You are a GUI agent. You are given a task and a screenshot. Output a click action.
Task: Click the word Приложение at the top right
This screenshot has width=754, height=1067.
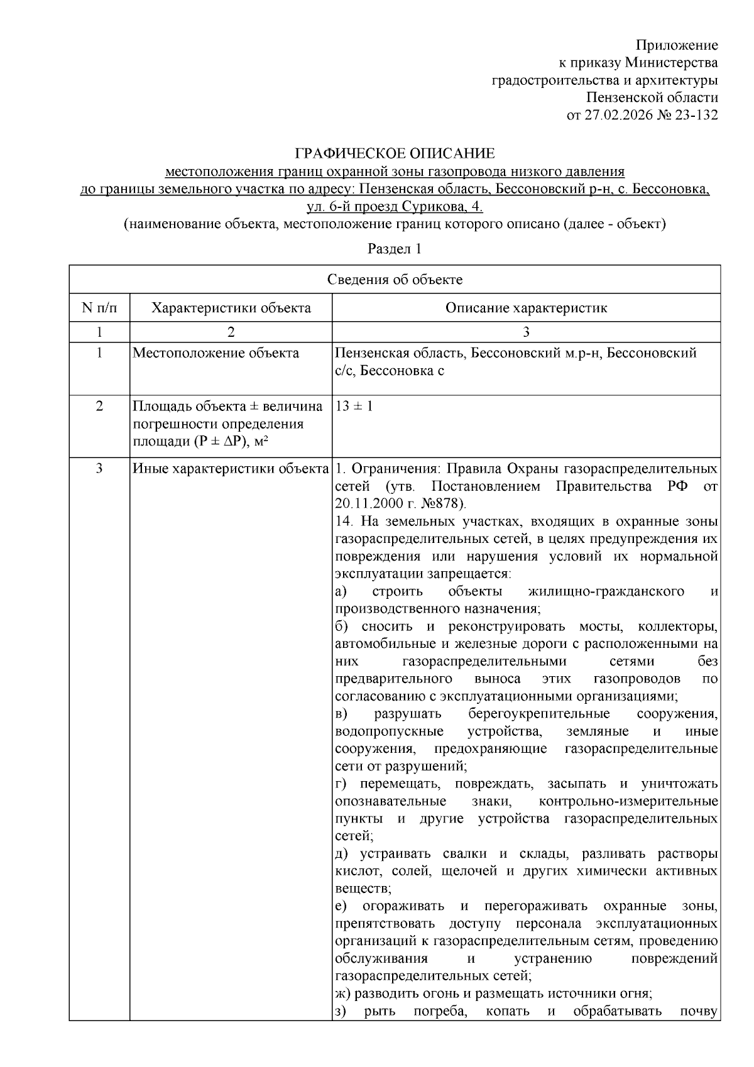[677, 45]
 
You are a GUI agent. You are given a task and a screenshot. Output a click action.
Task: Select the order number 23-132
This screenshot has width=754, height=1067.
[694, 115]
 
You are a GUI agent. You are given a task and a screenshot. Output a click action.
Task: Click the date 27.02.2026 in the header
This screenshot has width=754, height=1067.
[616, 115]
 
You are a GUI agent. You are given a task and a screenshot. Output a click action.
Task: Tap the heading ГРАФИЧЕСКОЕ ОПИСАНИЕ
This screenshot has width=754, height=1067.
[395, 153]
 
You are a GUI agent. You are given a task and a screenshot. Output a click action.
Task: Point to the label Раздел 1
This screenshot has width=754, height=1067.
[394, 249]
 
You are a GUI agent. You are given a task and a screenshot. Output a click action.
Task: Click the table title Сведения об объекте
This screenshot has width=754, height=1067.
[395, 280]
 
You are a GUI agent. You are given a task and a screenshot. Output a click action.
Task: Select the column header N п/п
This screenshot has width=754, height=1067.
[99, 308]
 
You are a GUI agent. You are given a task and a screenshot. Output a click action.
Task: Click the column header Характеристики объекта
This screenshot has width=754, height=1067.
[231, 308]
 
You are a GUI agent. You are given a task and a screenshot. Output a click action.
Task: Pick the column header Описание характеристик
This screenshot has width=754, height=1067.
[526, 308]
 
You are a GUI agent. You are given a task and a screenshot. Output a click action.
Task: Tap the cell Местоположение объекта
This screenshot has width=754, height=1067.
[216, 353]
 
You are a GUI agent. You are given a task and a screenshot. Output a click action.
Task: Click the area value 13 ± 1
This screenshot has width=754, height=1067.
[354, 406]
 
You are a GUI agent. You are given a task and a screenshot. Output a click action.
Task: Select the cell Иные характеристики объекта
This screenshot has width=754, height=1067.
[231, 469]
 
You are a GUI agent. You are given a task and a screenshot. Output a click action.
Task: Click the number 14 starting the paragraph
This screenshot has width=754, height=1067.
[342, 521]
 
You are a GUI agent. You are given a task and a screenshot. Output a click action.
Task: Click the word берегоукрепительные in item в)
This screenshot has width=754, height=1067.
[538, 714]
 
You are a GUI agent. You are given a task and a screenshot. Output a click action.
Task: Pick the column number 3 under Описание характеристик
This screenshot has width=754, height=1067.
[526, 331]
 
